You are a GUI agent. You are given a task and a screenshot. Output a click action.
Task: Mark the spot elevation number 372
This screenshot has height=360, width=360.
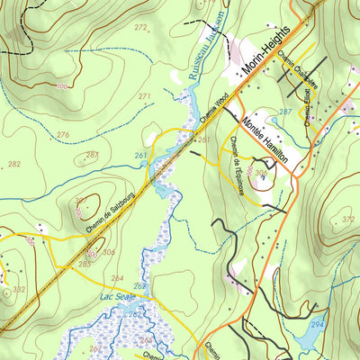click(x=348, y=219)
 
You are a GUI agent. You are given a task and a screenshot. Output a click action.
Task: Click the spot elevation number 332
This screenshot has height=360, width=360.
click(x=19, y=289)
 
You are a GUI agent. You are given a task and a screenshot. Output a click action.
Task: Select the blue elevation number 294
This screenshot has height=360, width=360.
click(x=317, y=322)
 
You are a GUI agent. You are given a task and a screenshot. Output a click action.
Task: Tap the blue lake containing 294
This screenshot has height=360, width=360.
click(x=306, y=335)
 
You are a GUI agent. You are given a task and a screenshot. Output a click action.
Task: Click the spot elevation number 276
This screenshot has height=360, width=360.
click(x=62, y=134)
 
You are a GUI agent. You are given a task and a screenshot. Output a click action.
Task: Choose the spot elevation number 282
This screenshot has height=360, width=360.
click(x=14, y=164)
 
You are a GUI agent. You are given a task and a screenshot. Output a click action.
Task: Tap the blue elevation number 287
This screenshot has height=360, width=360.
click(x=284, y=112)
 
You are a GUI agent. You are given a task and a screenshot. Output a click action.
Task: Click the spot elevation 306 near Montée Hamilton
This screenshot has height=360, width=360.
click(x=260, y=173)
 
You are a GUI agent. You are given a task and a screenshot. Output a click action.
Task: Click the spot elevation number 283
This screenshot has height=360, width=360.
click(x=84, y=263)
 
